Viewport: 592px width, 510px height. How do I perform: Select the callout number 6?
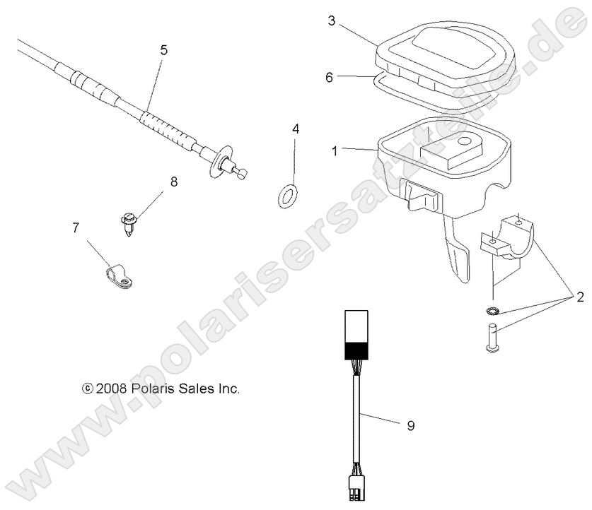coord(328,78)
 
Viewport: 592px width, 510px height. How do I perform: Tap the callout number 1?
coord(335,150)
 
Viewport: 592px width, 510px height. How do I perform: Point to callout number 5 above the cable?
coord(164,50)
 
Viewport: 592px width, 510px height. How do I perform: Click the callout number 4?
coord(296,129)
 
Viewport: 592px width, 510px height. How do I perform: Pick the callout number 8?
coord(173,182)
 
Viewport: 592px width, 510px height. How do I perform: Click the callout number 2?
coord(580,297)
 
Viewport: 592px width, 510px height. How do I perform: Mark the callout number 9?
coord(410,425)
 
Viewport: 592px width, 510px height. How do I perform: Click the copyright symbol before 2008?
coord(88,388)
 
